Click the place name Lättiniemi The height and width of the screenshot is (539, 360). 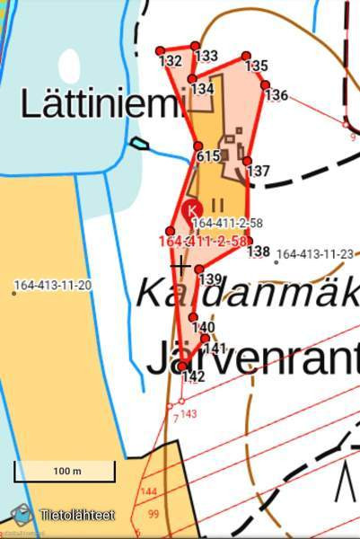[101, 103]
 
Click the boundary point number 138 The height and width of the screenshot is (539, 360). [259, 252]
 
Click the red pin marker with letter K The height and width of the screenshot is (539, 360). [191, 210]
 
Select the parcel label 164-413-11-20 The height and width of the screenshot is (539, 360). [52, 286]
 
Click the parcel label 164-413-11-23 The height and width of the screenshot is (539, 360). [314, 254]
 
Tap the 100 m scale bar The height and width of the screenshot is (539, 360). [65, 472]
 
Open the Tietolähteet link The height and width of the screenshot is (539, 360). [76, 516]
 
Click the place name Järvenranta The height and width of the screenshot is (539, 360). [252, 358]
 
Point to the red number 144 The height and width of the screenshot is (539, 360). [149, 491]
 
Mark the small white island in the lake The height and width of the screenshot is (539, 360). [69, 65]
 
